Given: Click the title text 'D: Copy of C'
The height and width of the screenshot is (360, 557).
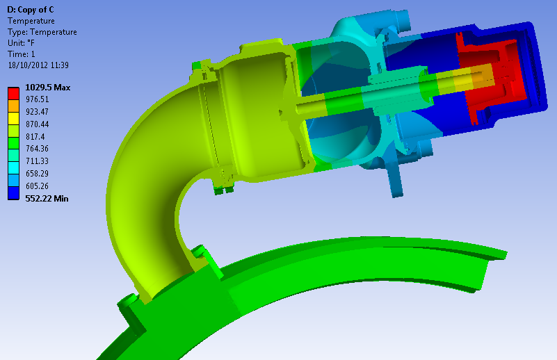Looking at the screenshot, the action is pyautogui.click(x=30, y=10).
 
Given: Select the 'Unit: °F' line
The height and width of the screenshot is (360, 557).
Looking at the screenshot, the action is pyautogui.click(x=22, y=43).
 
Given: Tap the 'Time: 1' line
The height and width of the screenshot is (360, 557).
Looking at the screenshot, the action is pyautogui.click(x=22, y=54).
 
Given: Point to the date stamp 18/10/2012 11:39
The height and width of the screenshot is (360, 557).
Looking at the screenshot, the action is pyautogui.click(x=38, y=65).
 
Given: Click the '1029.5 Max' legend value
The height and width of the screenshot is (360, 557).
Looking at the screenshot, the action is pyautogui.click(x=48, y=88).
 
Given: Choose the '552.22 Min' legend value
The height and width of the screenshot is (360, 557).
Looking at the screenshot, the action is pyautogui.click(x=47, y=199).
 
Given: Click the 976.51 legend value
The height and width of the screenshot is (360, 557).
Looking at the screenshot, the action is pyautogui.click(x=38, y=99).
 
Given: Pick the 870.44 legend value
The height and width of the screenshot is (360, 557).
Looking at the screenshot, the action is pyautogui.click(x=38, y=124).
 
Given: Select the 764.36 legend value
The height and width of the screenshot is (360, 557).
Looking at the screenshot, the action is pyautogui.click(x=38, y=149).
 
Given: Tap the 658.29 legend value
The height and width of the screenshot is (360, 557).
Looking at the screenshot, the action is pyautogui.click(x=38, y=174).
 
